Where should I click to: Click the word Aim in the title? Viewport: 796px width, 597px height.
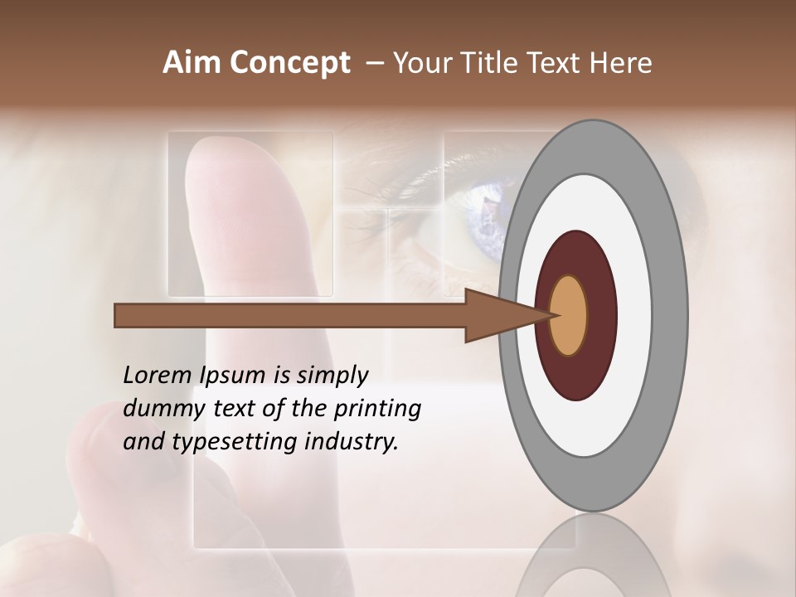point(192,63)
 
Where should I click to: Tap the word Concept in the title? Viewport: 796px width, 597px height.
point(289,63)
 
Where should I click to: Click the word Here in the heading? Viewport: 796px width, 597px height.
point(621,63)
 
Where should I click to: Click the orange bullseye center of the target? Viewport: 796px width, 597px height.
point(569,316)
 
